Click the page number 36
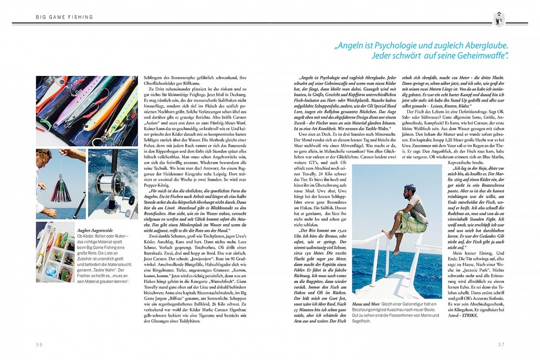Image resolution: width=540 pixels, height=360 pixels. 39,344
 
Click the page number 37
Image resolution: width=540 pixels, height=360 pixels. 501,344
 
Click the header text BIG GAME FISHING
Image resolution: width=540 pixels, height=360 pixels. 64,17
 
